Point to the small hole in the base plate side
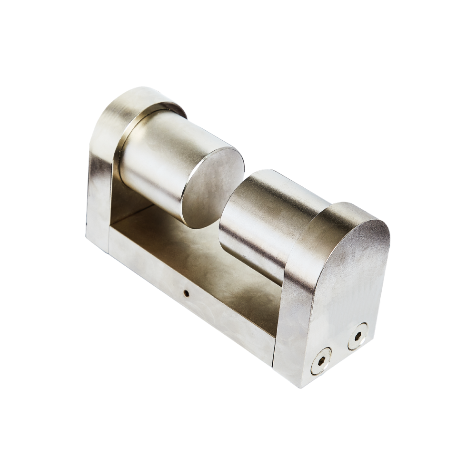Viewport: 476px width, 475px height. point(187,293)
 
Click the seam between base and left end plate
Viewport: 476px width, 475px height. point(110,238)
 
